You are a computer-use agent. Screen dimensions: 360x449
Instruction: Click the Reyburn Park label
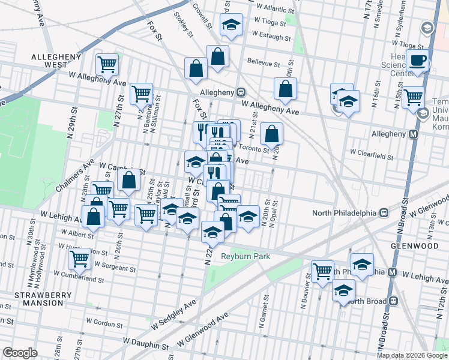click(x=246, y=256)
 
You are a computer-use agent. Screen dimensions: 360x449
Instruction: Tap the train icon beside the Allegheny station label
click(x=241, y=92)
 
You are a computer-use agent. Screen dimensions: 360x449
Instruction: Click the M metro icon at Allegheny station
click(x=413, y=134)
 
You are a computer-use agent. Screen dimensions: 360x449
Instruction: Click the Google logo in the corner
click(x=19, y=353)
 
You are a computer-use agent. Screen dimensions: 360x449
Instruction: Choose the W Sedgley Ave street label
click(x=174, y=316)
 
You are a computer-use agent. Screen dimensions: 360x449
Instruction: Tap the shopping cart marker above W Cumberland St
click(x=79, y=259)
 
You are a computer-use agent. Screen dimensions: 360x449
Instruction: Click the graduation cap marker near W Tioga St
click(x=231, y=24)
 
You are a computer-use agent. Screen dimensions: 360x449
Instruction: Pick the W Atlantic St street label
click(x=274, y=10)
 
